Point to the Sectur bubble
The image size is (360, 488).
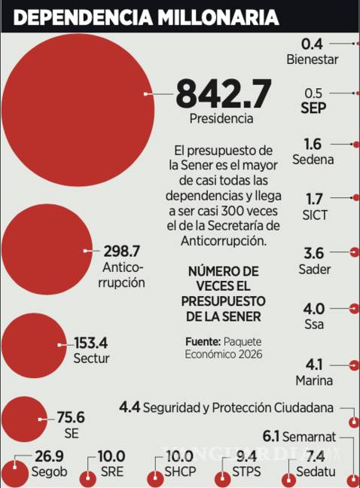[x=34, y=345]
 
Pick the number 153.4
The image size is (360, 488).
[x=92, y=343]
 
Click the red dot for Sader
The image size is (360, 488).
[x=354, y=251]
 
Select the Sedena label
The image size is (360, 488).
[x=314, y=160]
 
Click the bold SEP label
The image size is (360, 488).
[x=313, y=108]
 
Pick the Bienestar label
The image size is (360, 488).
[x=313, y=59]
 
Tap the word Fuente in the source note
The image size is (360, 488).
[x=203, y=341]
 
